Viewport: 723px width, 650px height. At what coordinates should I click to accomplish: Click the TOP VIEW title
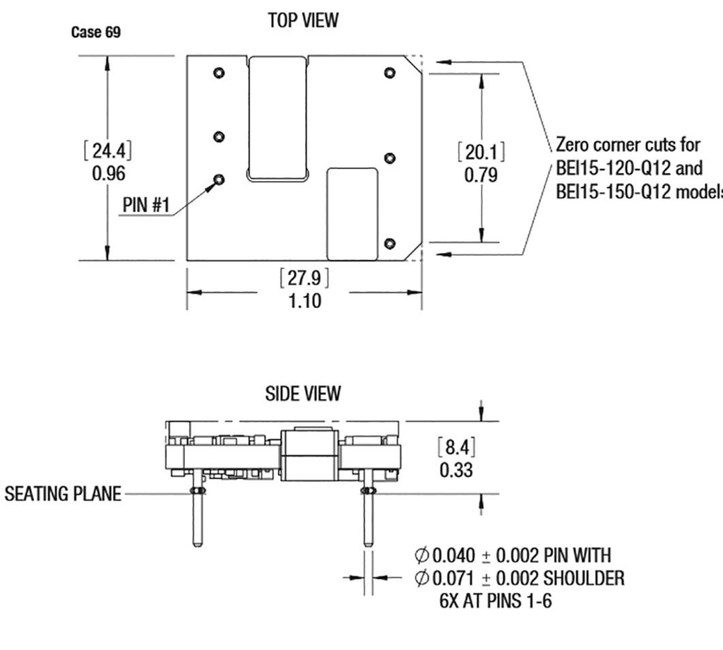[x=303, y=21]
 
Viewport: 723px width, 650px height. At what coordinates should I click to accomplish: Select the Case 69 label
[x=96, y=33]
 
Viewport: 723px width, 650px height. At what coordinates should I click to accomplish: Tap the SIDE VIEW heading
[x=303, y=394]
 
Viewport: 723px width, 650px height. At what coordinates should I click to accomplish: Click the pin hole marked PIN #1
[x=219, y=179]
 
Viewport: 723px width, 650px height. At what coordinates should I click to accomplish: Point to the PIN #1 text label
[x=146, y=206]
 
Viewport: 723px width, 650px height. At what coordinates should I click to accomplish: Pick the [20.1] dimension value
[x=481, y=152]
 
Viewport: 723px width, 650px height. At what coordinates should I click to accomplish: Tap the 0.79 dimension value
[x=481, y=174]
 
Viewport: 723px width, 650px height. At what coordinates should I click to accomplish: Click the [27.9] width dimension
[x=304, y=277]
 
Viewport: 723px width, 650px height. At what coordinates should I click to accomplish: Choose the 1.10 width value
[x=304, y=300]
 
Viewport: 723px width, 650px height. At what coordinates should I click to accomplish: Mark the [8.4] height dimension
[x=456, y=447]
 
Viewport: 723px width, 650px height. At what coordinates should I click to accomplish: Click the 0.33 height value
[x=456, y=470]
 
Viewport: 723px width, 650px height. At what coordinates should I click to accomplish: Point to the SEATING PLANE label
[x=63, y=494]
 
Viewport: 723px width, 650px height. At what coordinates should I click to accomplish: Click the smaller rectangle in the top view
[x=352, y=214]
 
